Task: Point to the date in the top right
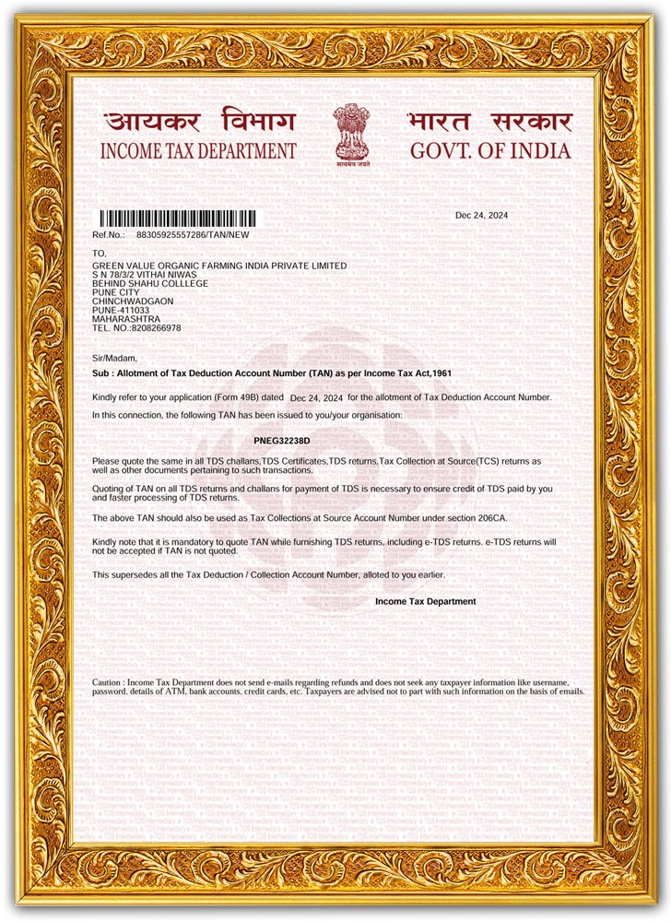point(481,216)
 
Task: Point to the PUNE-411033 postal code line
point(121,310)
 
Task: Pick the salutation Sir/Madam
point(114,358)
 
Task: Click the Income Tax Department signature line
point(425,601)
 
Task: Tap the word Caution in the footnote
point(108,681)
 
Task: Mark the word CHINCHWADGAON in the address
point(133,301)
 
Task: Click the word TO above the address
point(100,253)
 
